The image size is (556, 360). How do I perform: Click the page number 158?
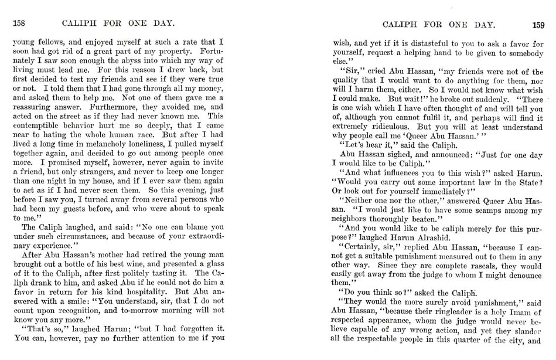[21, 25]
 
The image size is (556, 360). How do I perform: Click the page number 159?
[537, 25]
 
